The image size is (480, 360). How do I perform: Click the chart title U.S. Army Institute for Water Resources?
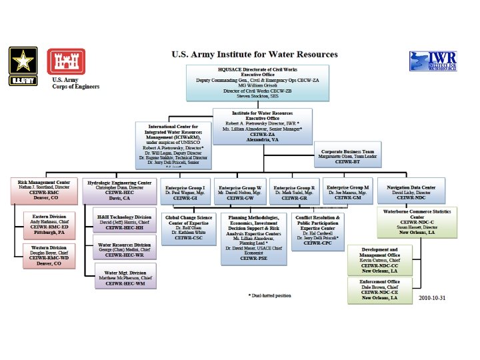(255, 54)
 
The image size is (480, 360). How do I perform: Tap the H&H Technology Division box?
(125, 221)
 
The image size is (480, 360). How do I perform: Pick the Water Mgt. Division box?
(125, 277)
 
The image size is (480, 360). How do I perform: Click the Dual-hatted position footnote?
(270, 295)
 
